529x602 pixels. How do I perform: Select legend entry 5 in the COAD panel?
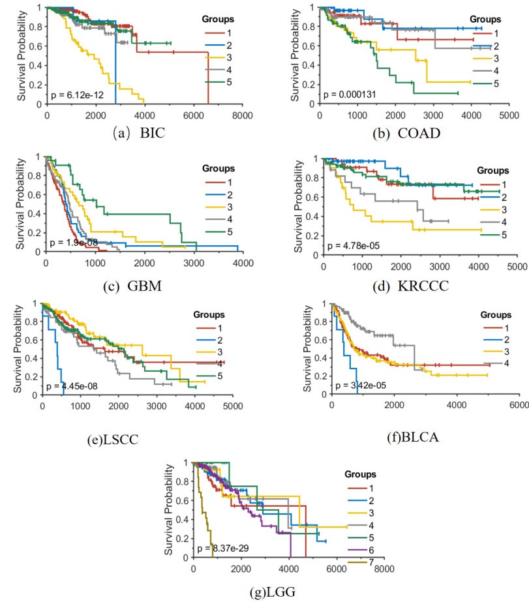(x=497, y=83)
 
